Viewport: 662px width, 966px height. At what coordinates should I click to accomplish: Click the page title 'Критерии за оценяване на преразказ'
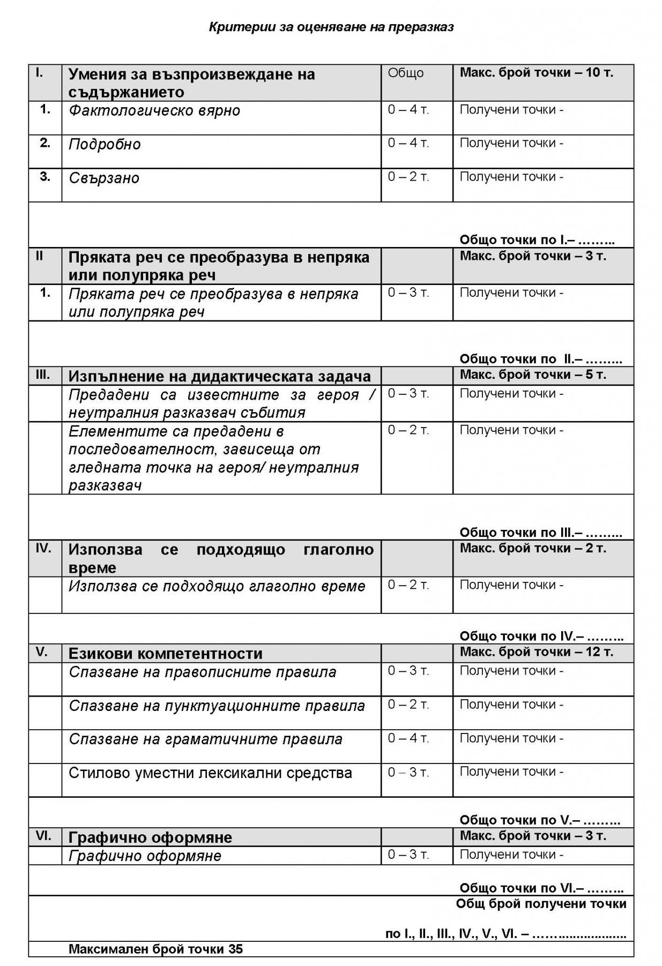[331, 27]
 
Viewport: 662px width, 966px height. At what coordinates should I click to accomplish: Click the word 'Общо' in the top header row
[405, 73]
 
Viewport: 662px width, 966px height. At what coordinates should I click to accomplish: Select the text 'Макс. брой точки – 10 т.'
[536, 73]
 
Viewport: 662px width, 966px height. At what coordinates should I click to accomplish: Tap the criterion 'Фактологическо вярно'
[154, 111]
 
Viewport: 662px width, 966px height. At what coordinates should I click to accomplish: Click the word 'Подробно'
[105, 145]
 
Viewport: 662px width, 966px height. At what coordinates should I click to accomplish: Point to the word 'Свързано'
[105, 178]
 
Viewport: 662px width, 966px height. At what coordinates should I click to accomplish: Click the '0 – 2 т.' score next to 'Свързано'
[408, 177]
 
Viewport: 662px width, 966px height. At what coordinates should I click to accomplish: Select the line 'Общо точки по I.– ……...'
[537, 239]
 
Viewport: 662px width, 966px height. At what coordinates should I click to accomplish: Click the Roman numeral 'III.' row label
[43, 375]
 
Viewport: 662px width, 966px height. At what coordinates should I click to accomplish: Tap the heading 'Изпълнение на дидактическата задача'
[219, 376]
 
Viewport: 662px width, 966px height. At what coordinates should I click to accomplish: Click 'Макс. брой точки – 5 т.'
[533, 375]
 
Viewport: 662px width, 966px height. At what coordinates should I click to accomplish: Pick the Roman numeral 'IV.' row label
[43, 548]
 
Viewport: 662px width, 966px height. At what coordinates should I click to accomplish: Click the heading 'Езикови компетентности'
[165, 654]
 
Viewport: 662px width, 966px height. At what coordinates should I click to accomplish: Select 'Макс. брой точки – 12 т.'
[536, 652]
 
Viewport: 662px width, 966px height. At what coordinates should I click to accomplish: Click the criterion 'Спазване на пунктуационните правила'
[217, 706]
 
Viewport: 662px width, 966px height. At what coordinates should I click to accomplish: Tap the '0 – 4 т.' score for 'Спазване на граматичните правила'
[408, 738]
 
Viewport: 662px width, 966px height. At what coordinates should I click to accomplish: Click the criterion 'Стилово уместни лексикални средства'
[210, 773]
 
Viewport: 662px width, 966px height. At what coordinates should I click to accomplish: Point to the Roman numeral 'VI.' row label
[43, 836]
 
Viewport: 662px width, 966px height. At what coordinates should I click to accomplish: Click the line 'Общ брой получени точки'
[541, 904]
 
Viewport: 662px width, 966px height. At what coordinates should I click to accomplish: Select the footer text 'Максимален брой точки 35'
[155, 949]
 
